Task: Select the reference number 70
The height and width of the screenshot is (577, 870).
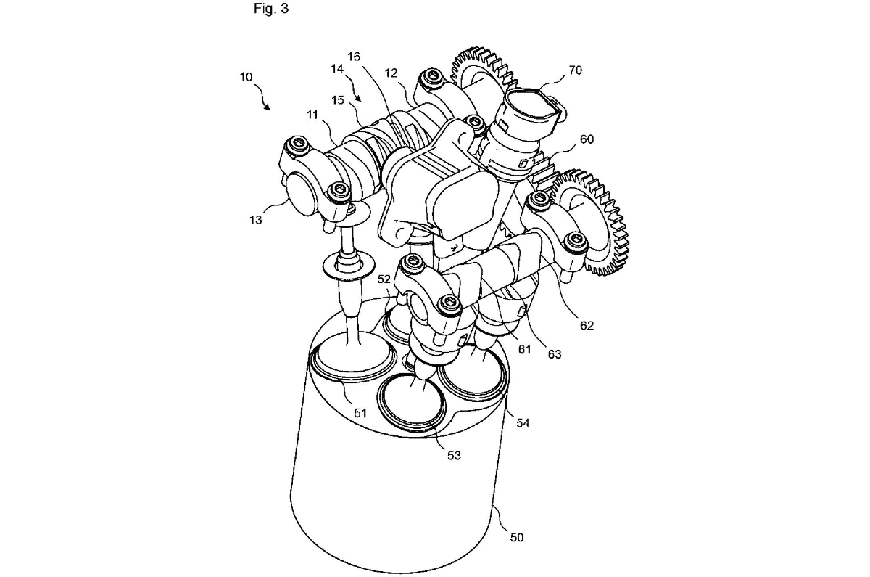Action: click(575, 70)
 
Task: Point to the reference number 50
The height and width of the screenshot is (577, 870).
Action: click(516, 538)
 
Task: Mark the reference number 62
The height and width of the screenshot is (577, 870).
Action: click(587, 325)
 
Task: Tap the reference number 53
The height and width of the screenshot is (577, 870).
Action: click(454, 455)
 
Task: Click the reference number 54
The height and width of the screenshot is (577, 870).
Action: click(523, 422)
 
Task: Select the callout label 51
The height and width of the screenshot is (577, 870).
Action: click(360, 412)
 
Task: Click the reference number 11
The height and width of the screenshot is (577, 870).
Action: click(312, 115)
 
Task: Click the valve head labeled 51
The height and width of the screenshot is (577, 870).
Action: click(352, 359)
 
